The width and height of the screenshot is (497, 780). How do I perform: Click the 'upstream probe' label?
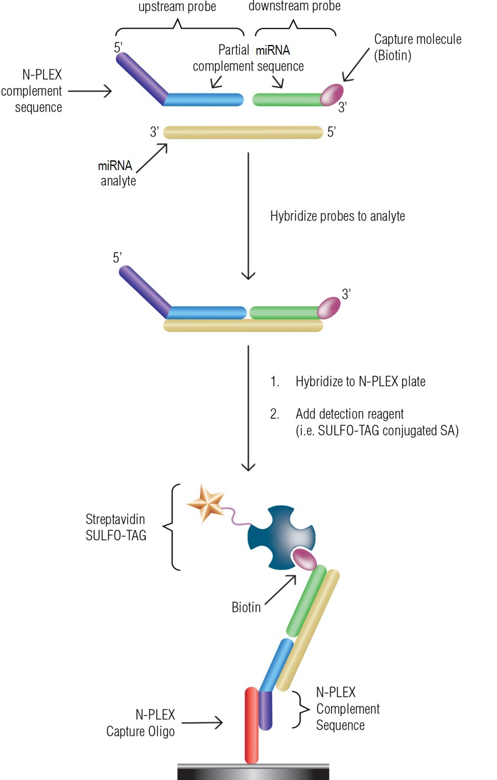tap(177, 7)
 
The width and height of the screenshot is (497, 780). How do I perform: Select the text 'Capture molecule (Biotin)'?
tap(417, 47)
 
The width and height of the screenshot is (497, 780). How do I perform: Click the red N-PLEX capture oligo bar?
tap(252, 723)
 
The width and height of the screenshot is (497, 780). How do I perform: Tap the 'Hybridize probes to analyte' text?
tap(337, 216)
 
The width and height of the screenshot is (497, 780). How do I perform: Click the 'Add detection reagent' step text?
tap(350, 414)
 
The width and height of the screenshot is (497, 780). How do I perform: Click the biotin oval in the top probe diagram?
tap(332, 95)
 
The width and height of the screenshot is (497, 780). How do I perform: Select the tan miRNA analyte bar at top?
tap(243, 132)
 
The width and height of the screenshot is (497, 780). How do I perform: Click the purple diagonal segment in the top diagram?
tap(141, 75)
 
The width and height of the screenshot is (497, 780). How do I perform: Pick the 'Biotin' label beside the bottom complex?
tap(246, 606)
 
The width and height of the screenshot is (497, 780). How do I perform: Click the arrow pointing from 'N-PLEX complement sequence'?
tap(90, 92)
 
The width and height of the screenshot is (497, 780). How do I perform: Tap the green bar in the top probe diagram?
tap(286, 99)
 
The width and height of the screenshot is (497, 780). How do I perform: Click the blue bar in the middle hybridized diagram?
tap(207, 313)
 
